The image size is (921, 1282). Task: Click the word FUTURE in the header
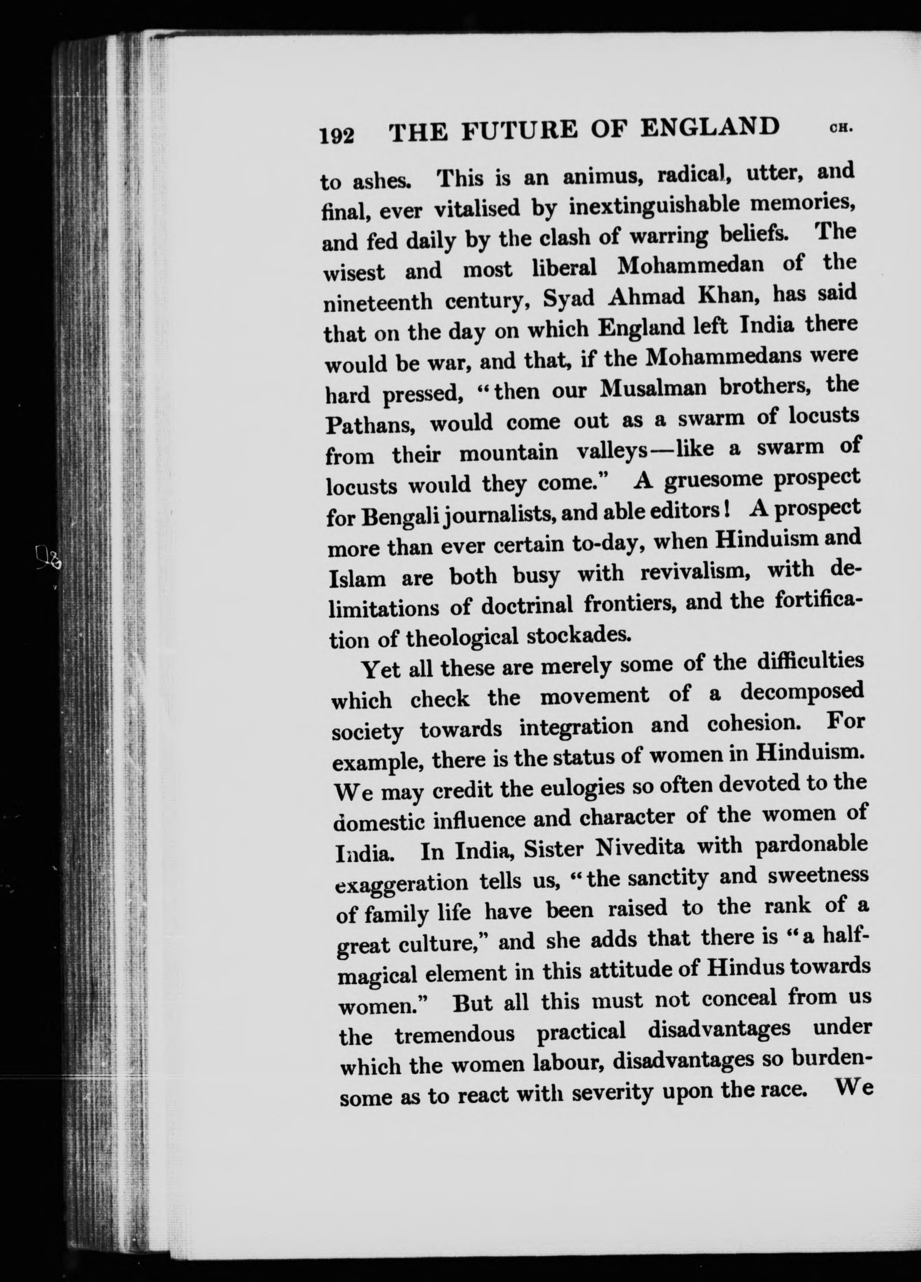(519, 131)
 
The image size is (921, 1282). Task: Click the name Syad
(568, 298)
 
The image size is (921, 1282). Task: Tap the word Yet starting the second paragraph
(380, 670)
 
